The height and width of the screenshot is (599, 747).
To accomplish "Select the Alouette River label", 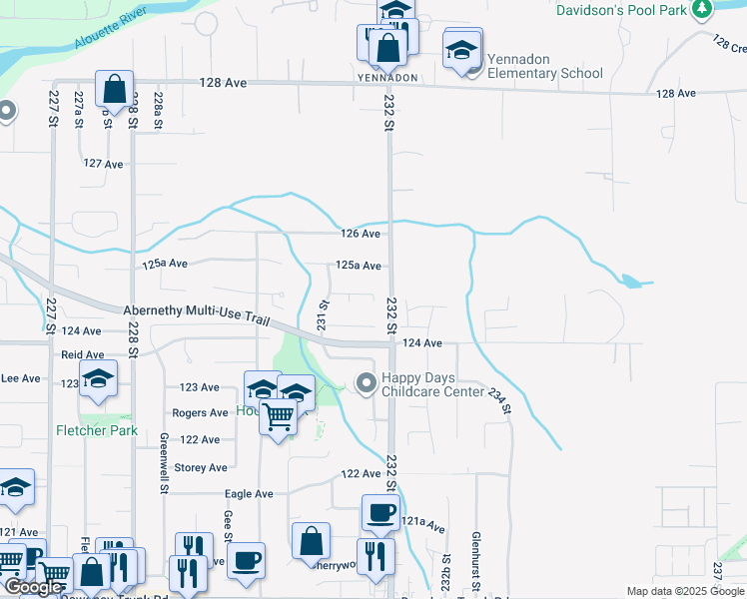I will [112, 31].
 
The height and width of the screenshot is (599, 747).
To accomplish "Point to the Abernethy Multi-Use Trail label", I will [197, 312].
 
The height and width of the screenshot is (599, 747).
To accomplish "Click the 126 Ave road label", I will [361, 234].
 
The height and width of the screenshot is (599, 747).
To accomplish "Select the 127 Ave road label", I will [103, 163].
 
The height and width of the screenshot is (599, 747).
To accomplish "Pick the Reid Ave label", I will [83, 354].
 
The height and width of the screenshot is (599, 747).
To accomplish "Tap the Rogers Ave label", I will [200, 412].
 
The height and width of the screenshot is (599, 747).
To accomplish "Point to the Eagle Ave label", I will [249, 494].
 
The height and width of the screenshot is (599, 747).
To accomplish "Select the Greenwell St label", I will [163, 462].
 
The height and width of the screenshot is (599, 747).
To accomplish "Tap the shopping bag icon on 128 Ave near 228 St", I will [115, 88].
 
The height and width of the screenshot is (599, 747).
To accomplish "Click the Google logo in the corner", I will [33, 588].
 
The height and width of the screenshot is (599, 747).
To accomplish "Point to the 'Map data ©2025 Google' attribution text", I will [686, 591].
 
